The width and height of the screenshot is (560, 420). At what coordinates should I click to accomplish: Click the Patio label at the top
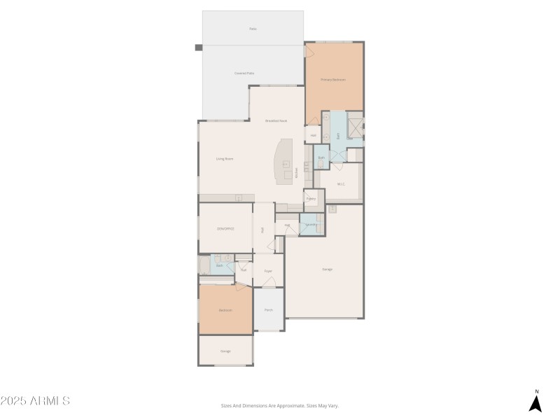253,29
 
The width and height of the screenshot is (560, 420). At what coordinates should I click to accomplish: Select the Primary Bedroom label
333,80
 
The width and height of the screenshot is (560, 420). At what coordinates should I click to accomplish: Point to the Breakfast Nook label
276,121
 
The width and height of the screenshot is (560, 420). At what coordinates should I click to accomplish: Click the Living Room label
224,159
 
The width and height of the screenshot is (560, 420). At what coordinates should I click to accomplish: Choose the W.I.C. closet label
341,184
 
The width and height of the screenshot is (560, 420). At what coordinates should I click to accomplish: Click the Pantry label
311,199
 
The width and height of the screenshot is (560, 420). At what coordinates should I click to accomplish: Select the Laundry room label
311,225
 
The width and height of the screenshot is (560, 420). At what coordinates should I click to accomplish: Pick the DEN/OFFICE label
225,229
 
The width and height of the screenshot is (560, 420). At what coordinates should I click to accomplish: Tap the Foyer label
267,270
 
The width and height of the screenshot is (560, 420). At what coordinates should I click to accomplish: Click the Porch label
268,310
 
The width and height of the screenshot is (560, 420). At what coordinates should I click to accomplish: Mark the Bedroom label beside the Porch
225,310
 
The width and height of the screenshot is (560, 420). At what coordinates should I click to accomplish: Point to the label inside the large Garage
327,269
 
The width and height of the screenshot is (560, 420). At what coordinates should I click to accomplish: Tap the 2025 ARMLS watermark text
35,401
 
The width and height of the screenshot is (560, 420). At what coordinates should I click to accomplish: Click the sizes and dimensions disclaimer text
279,405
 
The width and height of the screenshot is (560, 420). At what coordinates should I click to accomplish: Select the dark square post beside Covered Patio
198,48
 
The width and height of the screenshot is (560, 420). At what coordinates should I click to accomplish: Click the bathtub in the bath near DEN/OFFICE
204,265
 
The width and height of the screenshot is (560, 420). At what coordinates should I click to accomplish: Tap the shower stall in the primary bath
356,129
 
